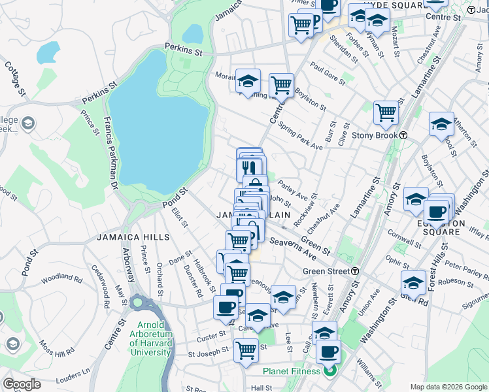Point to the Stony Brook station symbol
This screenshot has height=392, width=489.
pos(404,135)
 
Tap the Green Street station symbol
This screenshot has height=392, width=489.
pos(354,271)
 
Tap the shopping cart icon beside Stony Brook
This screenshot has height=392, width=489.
pos(386,112)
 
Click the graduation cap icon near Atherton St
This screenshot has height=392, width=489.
pos(441,123)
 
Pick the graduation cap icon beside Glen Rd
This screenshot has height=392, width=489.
pos(413,282)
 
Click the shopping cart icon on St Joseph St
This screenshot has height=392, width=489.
pos(245,350)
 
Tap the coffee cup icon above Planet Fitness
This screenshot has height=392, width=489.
pos(328,351)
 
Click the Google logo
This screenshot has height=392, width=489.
pos(22,384)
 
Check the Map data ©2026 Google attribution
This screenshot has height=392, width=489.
pos(448,387)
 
